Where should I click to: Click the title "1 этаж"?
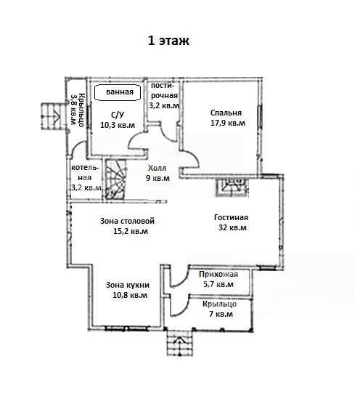[168, 41]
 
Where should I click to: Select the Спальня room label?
[226, 113]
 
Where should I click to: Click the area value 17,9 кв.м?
[228, 123]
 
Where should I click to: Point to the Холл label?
[157, 168]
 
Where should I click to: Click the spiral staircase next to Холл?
[116, 179]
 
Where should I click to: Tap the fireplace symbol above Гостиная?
[232, 187]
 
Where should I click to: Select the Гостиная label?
[231, 217]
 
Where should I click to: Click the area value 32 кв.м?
[232, 227]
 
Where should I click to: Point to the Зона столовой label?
[127, 221]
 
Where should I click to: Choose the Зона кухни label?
[128, 285]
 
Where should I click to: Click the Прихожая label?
[218, 274]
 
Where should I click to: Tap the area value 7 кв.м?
[221, 314]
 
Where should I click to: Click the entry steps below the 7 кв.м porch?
[180, 343]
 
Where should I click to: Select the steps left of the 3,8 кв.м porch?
[52, 116]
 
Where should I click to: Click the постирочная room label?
[164, 91]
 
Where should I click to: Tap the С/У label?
[118, 115]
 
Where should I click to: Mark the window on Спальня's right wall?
[260, 117]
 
